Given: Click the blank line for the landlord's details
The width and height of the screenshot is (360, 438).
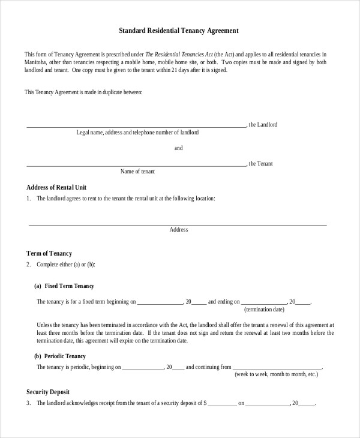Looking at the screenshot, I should point(136,127).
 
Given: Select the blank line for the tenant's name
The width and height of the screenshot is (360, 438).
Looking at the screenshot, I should point(136,165).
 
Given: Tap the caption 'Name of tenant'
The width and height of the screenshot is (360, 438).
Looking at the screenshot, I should point(137,172).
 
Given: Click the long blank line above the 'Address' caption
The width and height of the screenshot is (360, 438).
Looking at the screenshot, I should point(178,224).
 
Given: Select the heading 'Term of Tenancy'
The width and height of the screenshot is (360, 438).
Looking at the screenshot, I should point(49,253).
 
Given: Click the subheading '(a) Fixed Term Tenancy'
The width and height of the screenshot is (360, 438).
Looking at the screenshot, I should point(64,286).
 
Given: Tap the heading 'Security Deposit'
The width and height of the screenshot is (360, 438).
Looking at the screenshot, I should point(48,392).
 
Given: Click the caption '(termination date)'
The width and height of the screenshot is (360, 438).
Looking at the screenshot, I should point(264,310).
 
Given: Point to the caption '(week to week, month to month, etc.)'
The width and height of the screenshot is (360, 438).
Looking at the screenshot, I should point(276,374).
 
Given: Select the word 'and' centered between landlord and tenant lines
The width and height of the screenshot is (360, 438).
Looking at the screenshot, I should point(178,148).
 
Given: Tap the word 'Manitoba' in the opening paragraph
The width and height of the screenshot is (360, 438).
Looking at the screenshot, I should point(35,62).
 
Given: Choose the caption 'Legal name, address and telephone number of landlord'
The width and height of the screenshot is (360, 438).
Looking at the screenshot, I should point(137,133).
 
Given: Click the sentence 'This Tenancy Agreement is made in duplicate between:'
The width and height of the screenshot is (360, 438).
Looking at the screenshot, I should point(83,92).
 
